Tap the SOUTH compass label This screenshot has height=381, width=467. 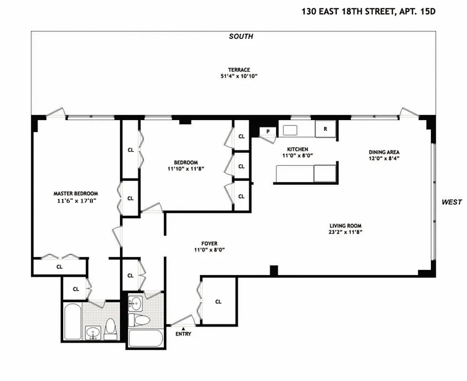[241, 36]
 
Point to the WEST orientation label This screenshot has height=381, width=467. [451, 202]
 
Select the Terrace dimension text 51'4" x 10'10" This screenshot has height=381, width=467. [239, 76]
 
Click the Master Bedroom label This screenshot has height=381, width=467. [76, 193]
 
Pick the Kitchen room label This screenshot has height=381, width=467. [298, 149]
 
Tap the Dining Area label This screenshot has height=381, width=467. [384, 152]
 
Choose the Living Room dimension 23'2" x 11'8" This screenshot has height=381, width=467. [346, 232]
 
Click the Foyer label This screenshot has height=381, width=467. [209, 243]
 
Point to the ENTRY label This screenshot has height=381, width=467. [183, 334]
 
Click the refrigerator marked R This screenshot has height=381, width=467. [326, 129]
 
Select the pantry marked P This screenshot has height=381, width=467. [268, 131]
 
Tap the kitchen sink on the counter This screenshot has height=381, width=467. [290, 130]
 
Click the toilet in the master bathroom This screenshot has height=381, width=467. [110, 329]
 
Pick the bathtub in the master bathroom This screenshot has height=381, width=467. [73, 321]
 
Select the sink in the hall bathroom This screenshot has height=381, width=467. [136, 303]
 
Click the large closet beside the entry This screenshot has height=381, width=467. [219, 301]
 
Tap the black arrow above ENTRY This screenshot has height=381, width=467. [183, 329]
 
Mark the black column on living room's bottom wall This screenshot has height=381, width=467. [274, 271]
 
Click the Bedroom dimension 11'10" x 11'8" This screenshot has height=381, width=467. [186, 169]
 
